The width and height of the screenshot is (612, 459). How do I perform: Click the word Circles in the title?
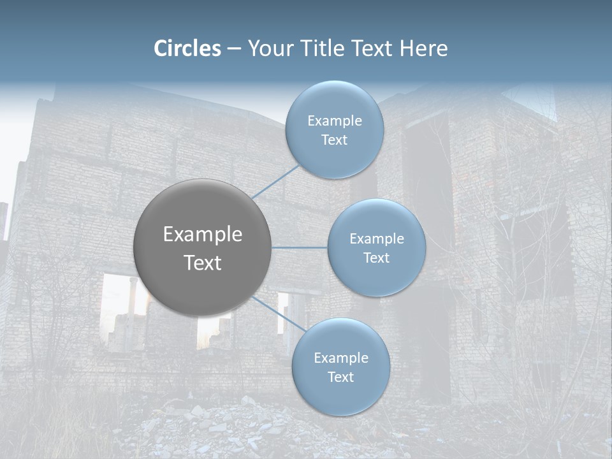[187, 48]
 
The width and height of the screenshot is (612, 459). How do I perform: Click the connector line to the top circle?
[275, 182]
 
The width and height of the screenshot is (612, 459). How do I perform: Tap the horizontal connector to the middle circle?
[300, 247]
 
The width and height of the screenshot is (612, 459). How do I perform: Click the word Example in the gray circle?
[203, 235]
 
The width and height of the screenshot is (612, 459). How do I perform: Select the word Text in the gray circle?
[203, 263]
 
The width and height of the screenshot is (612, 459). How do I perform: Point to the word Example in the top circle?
[335, 121]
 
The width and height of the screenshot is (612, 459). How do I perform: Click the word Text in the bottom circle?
[340, 377]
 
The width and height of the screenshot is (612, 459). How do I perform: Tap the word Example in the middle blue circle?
[377, 239]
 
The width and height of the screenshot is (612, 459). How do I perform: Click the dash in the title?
[234, 48]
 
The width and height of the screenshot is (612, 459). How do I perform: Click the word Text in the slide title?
[372, 48]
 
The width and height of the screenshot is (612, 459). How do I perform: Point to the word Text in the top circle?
[334, 140]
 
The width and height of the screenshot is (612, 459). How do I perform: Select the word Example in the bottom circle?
[341, 358]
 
